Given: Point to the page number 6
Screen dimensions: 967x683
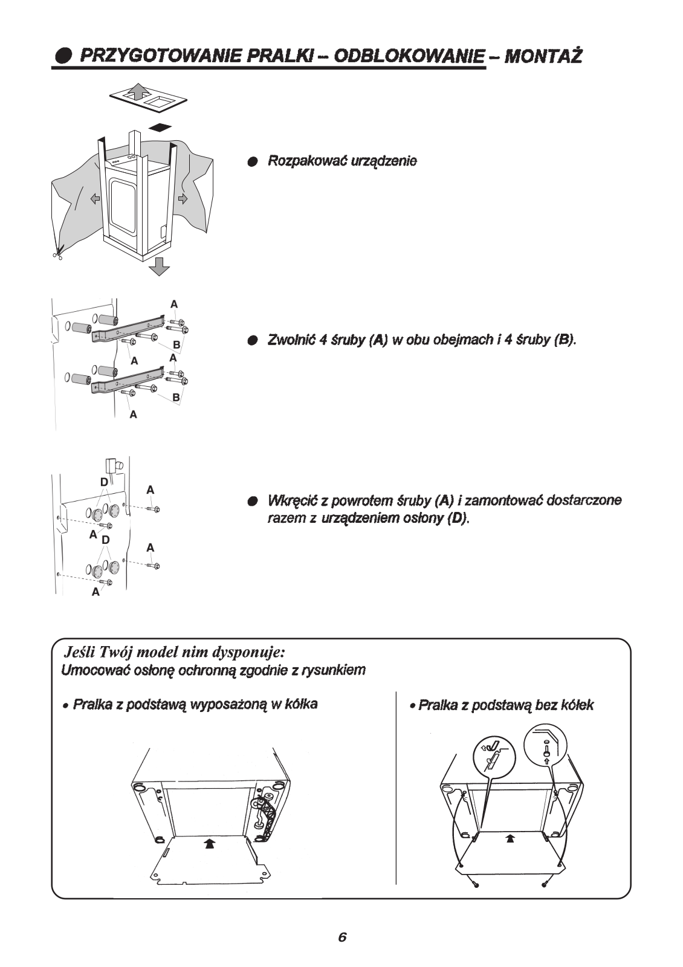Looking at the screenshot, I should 342,937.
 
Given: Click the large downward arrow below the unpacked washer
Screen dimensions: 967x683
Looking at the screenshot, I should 160,265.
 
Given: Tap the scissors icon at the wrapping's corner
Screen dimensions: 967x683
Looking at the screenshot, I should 57,253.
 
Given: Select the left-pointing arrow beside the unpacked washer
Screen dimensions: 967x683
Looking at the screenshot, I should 95,199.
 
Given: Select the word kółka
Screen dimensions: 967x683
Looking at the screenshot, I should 300,704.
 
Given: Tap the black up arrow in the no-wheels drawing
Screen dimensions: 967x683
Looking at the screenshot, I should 510,838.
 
